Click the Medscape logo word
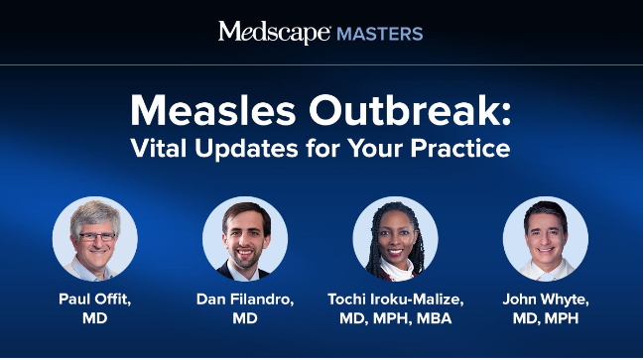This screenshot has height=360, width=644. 274,33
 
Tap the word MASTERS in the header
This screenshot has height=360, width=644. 379,34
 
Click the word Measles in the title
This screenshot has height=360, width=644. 213,110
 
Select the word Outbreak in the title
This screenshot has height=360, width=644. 410,110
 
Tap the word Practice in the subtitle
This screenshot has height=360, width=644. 460,148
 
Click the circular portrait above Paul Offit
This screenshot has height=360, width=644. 95,239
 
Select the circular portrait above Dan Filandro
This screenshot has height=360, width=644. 245,239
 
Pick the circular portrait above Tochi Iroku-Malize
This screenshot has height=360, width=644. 396,239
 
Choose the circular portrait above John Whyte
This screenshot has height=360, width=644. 546,239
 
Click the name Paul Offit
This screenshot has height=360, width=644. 95,300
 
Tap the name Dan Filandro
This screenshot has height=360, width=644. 245,300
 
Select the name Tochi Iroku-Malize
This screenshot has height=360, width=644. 396,300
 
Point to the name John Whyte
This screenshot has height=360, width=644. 546,300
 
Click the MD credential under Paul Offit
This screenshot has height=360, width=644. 95,318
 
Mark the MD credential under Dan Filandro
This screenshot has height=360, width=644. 245,318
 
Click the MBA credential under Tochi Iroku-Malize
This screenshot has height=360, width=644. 434,318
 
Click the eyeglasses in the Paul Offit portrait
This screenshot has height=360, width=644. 97,237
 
